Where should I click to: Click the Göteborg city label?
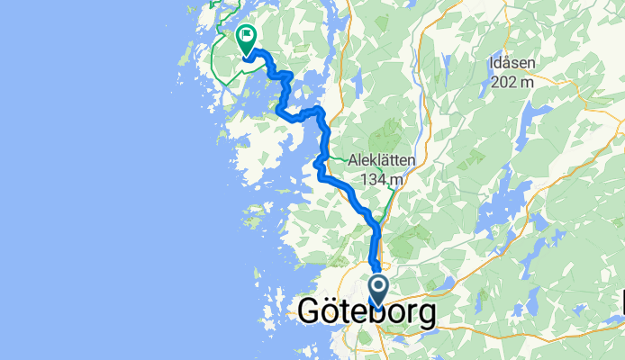pyautogui.click(x=367, y=314)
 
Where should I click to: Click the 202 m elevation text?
pyautogui.click(x=513, y=82)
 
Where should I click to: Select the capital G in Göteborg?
pyautogui.click(x=309, y=314)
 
